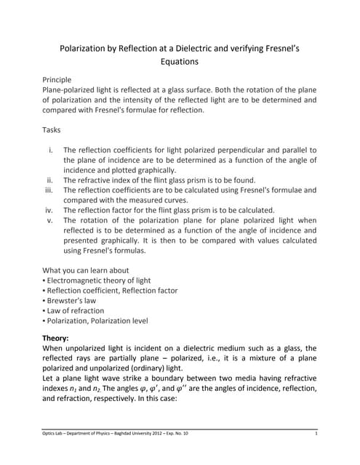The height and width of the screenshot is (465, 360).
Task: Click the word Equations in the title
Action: pyautogui.click(x=180, y=62)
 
